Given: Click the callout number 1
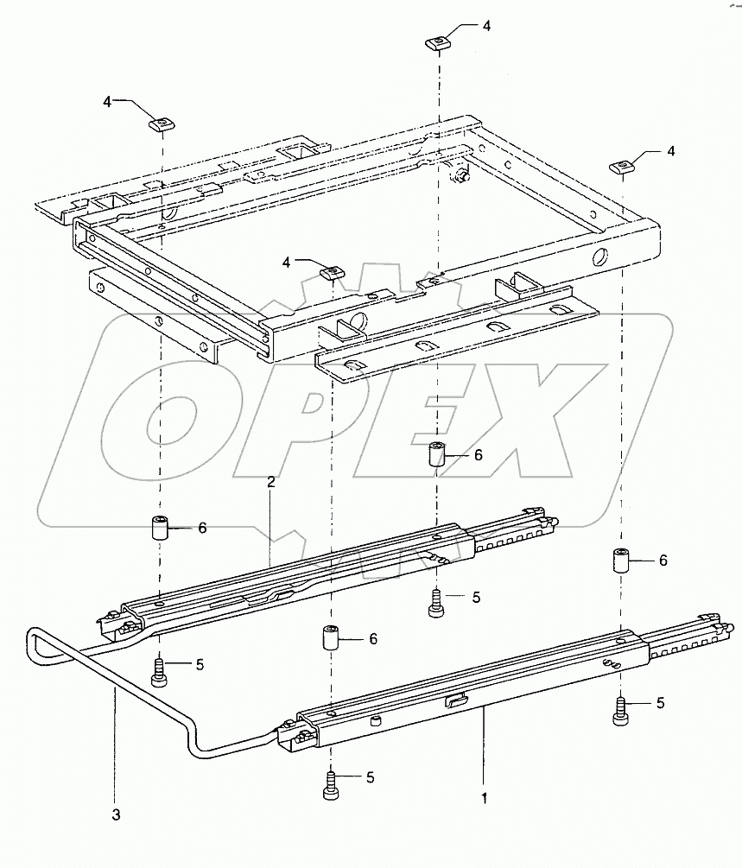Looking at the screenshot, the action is click(x=484, y=799).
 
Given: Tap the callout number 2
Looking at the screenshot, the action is click(x=270, y=482).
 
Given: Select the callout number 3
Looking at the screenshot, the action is click(x=115, y=814).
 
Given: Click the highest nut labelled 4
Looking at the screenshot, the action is click(x=439, y=41).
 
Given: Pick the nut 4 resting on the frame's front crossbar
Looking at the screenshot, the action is click(x=332, y=273).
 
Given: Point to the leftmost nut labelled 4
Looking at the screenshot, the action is click(x=161, y=123).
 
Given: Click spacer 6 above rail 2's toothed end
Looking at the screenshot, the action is click(x=438, y=453).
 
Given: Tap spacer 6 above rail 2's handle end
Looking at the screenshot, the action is click(x=160, y=527).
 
